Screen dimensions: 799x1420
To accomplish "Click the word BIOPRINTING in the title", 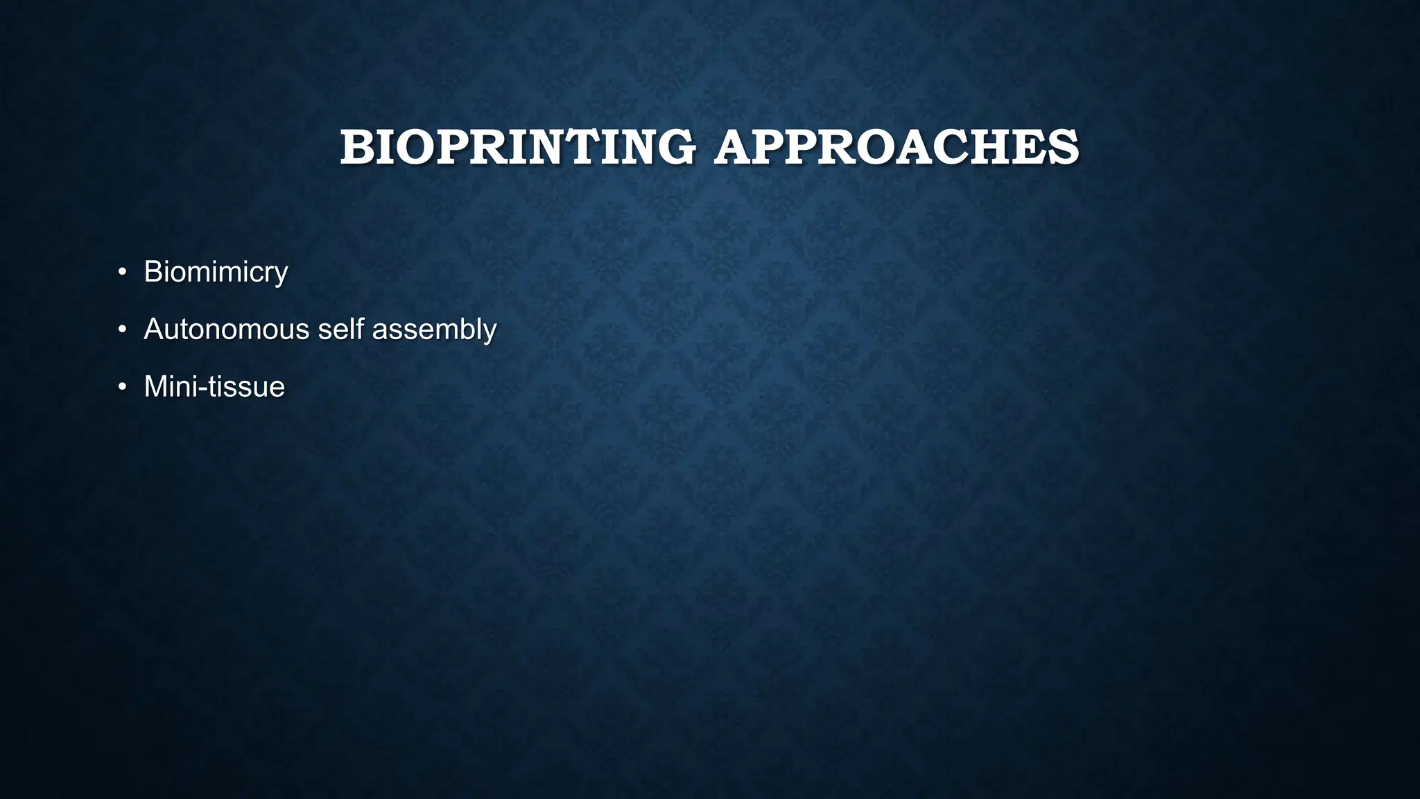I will click(517, 148).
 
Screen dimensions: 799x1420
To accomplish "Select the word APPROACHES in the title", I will click(897, 148).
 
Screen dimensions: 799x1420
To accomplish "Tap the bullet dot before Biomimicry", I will click(122, 271).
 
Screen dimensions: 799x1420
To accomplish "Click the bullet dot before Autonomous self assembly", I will click(122, 329).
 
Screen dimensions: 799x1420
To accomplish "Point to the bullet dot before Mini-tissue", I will click(122, 386).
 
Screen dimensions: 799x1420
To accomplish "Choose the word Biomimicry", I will click(216, 271).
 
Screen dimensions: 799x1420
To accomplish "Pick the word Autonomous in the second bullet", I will click(227, 329).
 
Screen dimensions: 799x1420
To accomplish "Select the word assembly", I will click(434, 329).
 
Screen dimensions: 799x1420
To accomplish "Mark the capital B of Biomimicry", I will click(153, 271).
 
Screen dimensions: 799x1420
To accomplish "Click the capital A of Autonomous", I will click(153, 329).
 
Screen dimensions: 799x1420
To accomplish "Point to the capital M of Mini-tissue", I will click(155, 386).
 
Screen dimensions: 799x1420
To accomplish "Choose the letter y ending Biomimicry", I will click(280, 274).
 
